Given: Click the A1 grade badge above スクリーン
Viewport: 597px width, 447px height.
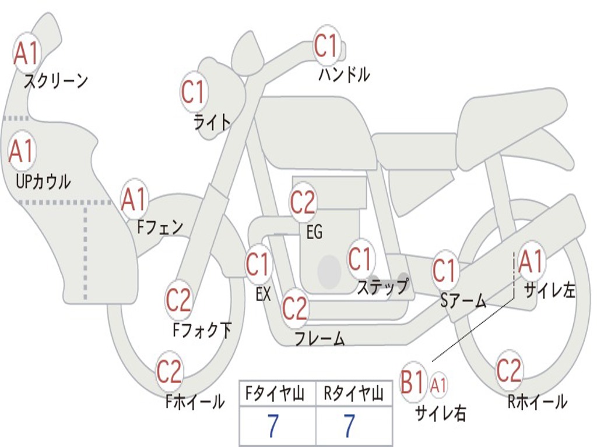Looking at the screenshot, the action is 26,54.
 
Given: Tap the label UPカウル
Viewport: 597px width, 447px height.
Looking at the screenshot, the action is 43,182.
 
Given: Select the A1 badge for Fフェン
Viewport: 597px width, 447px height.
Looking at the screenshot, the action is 134,200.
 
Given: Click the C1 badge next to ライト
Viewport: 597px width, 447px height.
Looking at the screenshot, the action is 194,92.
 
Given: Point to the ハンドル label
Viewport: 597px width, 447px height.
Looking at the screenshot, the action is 344,74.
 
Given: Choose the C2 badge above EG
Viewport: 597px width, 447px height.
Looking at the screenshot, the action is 303,203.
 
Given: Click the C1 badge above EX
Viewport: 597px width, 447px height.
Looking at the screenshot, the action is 258,265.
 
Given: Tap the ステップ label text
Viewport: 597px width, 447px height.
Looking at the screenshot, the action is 382,287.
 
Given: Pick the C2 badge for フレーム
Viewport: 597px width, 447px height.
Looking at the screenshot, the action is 295,308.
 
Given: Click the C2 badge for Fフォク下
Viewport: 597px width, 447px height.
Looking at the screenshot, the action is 178,300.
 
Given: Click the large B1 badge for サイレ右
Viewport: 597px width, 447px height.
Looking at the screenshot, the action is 413,383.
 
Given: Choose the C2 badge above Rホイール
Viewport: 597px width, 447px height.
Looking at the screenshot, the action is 509,370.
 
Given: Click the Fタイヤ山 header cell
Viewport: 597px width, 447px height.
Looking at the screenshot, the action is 276,395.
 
